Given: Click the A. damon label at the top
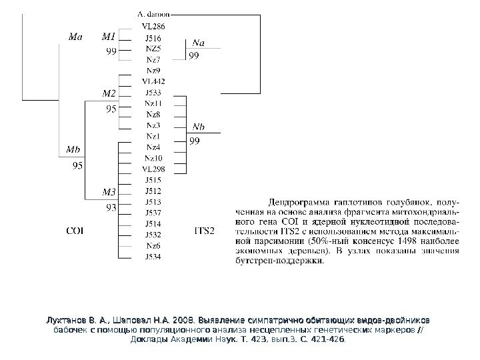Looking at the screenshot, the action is click(153, 13).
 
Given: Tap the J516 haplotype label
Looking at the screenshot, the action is click(153, 37).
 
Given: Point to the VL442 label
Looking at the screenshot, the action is click(153, 81).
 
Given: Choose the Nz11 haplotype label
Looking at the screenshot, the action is click(153, 103).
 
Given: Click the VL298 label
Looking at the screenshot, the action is click(153, 169).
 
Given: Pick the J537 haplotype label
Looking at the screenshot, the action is click(153, 213).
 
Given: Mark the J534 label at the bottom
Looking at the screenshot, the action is click(153, 256).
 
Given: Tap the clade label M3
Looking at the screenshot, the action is click(109, 193).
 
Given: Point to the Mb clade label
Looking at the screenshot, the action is click(76, 149).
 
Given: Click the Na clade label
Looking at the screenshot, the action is click(198, 43).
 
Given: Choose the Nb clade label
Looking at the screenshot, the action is click(198, 127).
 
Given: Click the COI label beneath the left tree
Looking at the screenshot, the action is click(75, 231).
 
